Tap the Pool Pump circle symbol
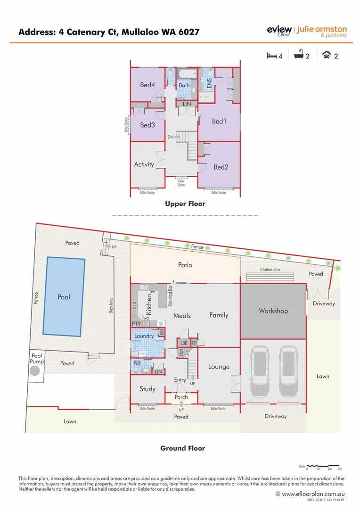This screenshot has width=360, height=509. [35, 371]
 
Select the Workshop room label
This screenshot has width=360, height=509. [273, 311]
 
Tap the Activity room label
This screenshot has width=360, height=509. [144, 164]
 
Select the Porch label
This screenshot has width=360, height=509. [181, 397]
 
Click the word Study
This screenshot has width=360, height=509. [147, 389]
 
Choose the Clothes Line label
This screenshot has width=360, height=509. [270, 270]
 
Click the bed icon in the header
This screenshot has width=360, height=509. [271, 56]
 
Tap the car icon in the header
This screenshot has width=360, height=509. [326, 55]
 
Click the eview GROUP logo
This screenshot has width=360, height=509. [279, 31]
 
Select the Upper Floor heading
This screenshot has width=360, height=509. [185, 204]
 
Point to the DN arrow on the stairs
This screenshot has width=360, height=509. [176, 137]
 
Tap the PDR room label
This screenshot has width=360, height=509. [137, 363]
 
